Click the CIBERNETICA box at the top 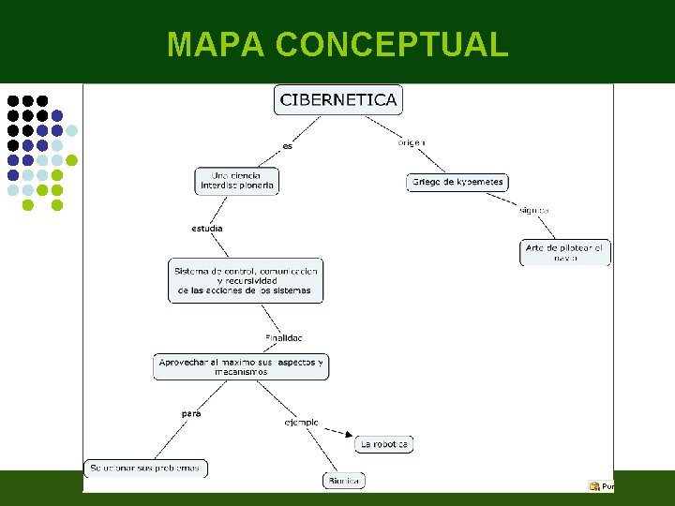point(337,99)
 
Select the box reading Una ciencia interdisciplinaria point(237,181)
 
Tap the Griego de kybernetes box point(457,182)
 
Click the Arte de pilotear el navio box point(565,253)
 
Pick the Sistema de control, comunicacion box point(246,280)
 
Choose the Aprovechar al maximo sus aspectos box point(241,366)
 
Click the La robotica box point(384,444)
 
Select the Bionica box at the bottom point(344,481)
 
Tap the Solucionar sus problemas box point(145,468)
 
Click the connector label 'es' point(288,146)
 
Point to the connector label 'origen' point(411,142)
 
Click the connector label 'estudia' point(207,229)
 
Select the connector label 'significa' point(533,210)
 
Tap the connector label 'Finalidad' point(284,337)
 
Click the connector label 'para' point(190,413)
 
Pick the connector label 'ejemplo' point(301,423)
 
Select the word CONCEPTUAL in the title point(393,44)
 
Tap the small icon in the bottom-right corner point(593,485)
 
